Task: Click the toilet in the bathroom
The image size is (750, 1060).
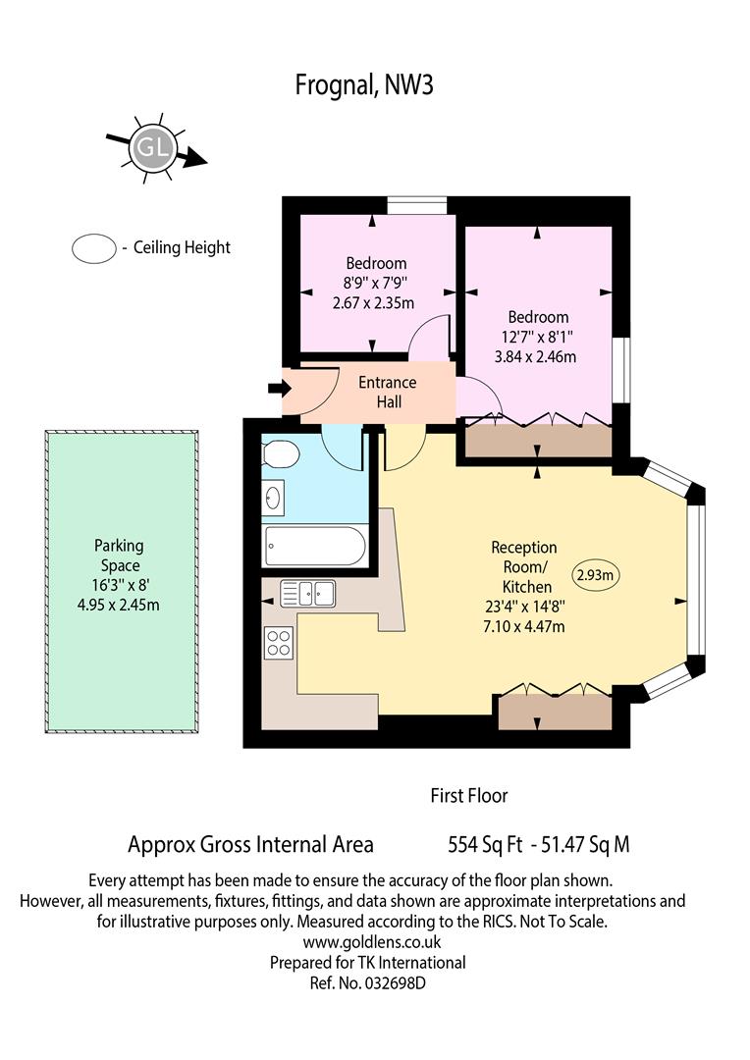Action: point(281,453)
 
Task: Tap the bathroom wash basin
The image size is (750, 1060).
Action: point(273,499)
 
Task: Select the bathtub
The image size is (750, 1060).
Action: point(316,546)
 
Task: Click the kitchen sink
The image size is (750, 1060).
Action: point(307,594)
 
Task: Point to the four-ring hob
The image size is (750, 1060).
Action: point(280,643)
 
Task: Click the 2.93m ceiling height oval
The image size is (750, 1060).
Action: point(597,575)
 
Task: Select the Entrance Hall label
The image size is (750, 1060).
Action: point(388,392)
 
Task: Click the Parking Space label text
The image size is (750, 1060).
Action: point(119,555)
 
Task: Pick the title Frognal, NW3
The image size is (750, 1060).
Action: point(364,85)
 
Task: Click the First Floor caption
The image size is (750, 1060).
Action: point(468,796)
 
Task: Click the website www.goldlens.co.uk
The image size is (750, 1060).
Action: point(372,941)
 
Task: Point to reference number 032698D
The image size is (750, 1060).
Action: point(395,982)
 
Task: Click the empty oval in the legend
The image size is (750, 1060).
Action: point(94,248)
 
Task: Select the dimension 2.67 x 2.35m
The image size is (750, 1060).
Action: point(373,303)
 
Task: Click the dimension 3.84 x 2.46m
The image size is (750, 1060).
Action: point(536,357)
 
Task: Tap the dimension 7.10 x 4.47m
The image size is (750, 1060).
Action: point(524,626)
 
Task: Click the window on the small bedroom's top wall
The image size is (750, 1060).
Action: point(416,205)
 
